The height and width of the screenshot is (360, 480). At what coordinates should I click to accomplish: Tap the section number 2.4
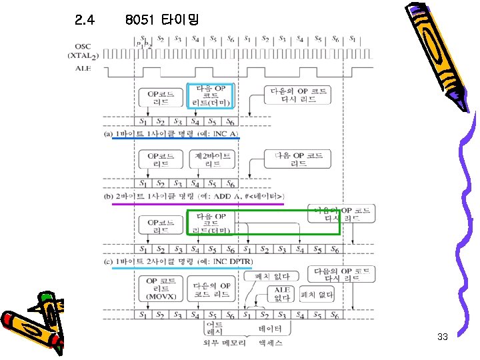[85, 20]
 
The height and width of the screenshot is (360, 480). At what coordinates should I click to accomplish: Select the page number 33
[442, 337]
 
